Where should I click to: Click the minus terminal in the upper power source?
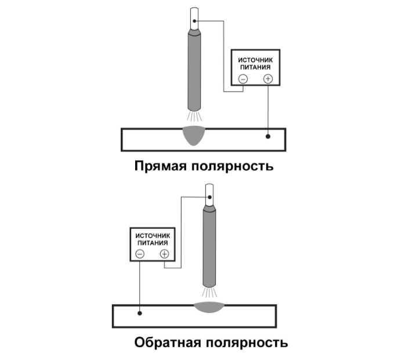point(242,79)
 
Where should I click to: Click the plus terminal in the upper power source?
point(267,79)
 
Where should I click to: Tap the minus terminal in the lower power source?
point(139,254)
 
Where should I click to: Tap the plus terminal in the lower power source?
point(164,254)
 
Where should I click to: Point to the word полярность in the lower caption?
point(248,342)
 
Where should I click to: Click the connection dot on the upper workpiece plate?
point(267,137)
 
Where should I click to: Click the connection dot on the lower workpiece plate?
point(139,313)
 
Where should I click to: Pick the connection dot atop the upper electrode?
point(196,21)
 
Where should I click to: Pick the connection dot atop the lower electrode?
point(209,197)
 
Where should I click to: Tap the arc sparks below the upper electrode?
point(195,117)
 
